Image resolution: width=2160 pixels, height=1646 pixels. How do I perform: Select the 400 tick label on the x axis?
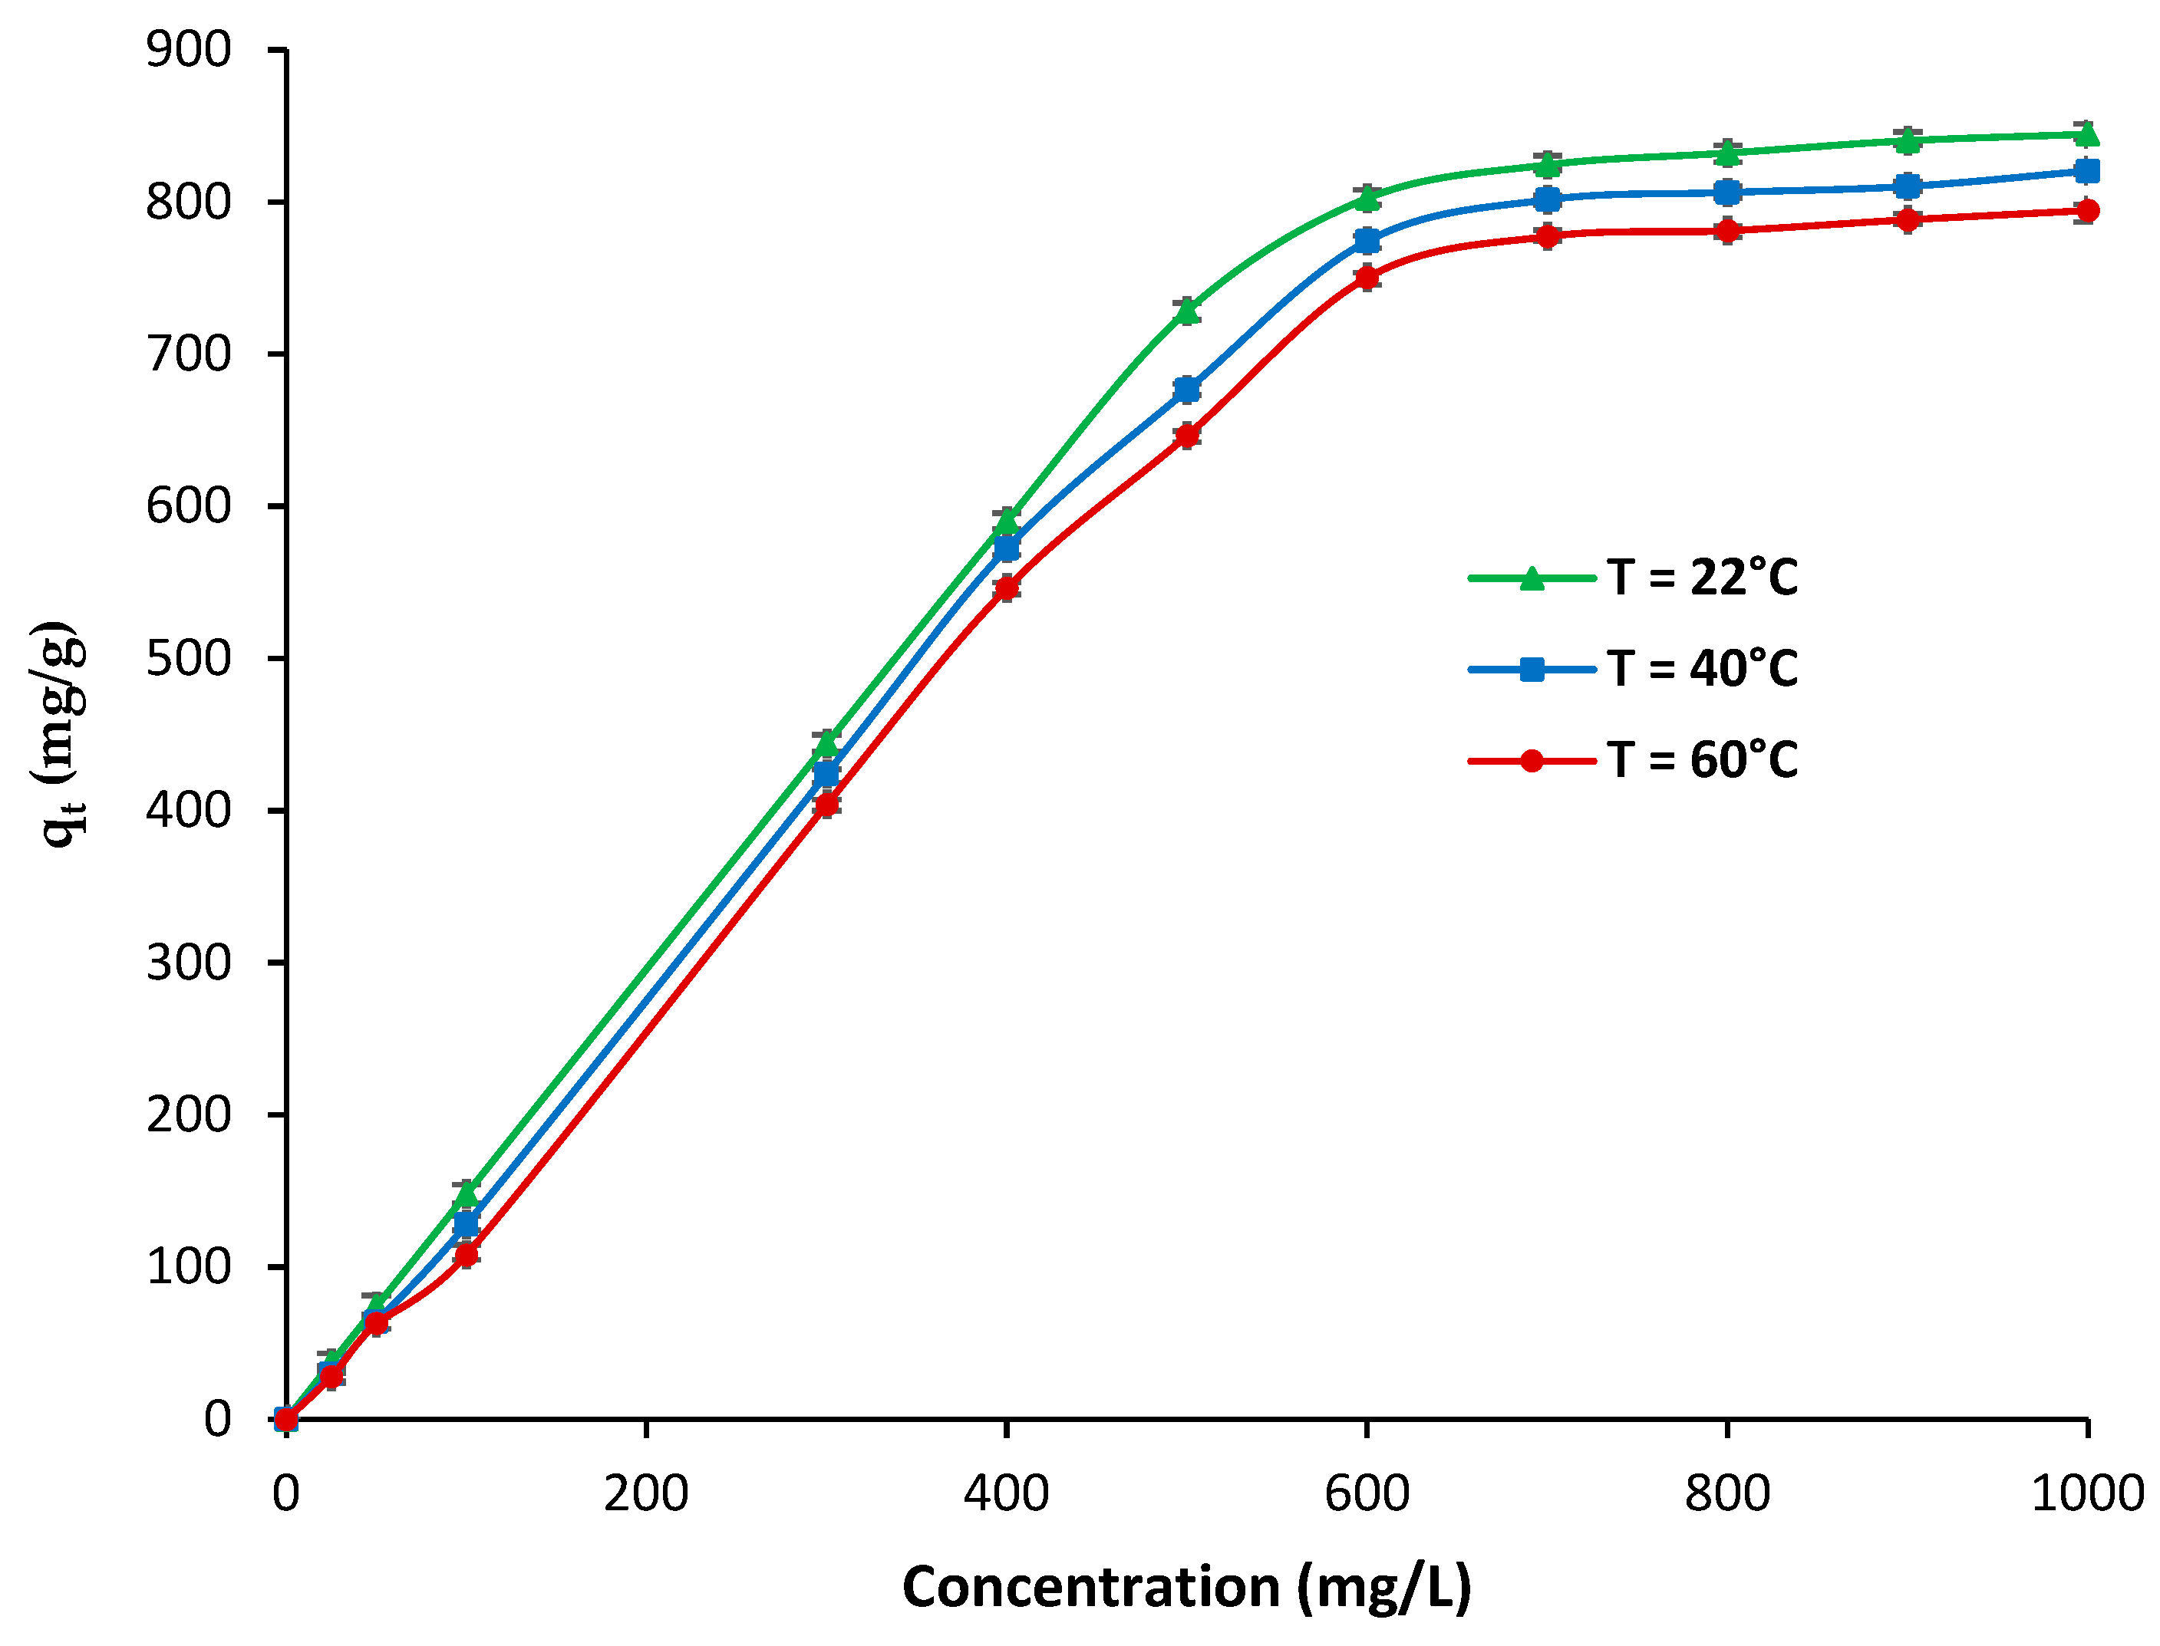[1007, 1495]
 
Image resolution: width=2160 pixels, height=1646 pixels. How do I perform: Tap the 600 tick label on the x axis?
[1367, 1495]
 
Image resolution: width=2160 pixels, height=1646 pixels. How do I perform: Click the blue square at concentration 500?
[1187, 390]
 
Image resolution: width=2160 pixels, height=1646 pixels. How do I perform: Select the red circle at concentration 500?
[1187, 435]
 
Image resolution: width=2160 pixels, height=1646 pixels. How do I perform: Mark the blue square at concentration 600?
[1367, 241]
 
